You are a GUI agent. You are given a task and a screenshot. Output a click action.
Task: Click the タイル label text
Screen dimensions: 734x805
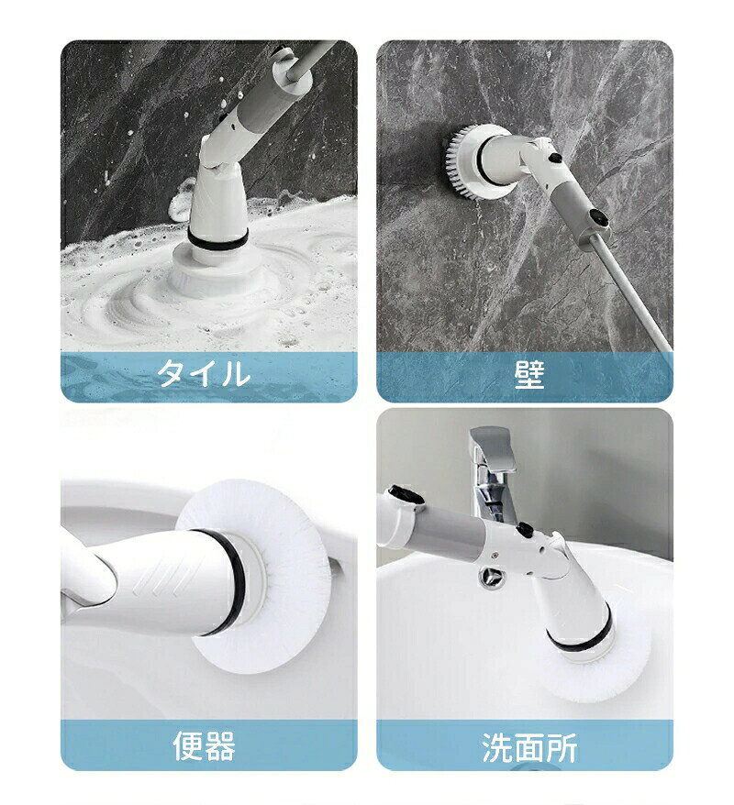point(204,373)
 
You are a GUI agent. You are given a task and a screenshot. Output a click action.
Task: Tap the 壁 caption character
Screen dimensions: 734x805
point(528,374)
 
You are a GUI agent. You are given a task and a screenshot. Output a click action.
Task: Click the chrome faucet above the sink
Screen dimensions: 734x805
point(492,472)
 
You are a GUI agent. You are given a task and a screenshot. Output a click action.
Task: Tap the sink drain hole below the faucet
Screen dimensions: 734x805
point(488,578)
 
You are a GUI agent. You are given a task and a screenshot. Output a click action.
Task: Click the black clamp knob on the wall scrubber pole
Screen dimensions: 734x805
point(598,217)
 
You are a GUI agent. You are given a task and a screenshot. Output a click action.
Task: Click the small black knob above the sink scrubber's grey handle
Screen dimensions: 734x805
point(525,529)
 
